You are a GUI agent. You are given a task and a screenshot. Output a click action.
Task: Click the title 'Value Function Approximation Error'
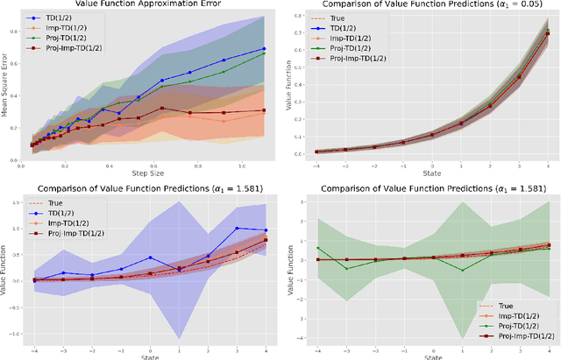[147, 5]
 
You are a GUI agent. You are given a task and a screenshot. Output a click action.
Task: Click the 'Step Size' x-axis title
[147, 173]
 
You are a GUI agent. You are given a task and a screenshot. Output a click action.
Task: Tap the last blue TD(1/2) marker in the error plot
[265, 49]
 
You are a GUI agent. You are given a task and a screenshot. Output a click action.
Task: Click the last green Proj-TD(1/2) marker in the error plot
[265, 53]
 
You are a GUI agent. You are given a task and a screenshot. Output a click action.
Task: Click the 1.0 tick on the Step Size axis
[246, 165]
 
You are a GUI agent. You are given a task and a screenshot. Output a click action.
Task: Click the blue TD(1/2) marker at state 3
[237, 229]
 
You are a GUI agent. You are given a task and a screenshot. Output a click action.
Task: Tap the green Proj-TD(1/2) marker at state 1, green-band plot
[461, 270]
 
